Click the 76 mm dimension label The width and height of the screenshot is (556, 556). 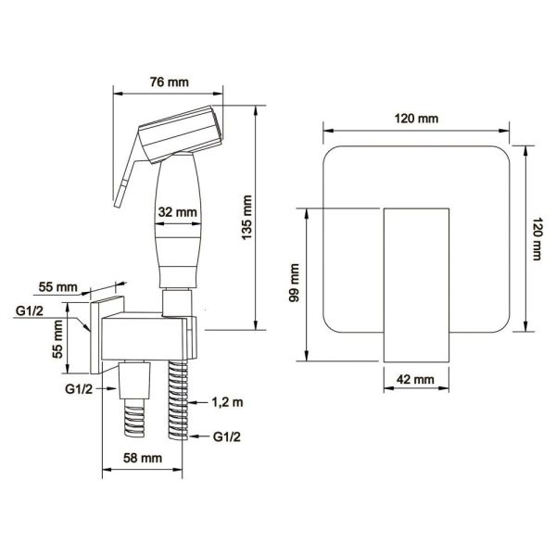pyautogui.click(x=170, y=82)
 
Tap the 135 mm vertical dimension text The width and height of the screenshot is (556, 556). pyautogui.click(x=246, y=218)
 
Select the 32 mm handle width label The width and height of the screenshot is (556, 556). pyautogui.click(x=177, y=212)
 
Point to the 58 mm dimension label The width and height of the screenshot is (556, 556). pyautogui.click(x=143, y=458)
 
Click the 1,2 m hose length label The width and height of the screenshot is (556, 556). pyautogui.click(x=228, y=402)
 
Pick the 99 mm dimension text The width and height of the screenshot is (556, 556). pyautogui.click(x=295, y=283)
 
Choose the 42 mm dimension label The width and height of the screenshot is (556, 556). pyautogui.click(x=415, y=379)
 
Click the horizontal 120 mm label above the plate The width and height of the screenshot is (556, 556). pyautogui.click(x=417, y=119)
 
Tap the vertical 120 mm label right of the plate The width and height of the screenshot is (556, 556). pyautogui.click(x=537, y=239)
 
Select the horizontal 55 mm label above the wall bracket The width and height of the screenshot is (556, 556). pyautogui.click(x=57, y=287)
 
